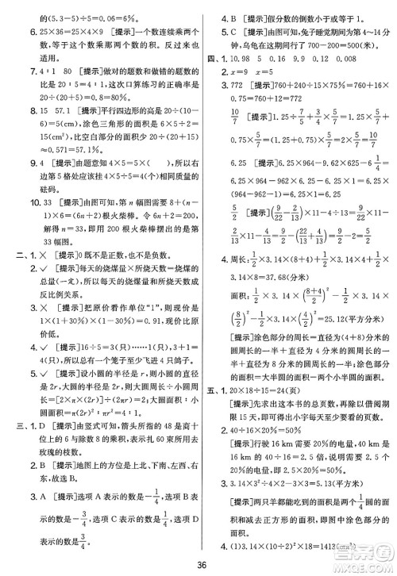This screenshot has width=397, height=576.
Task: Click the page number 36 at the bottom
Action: point(198,564)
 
